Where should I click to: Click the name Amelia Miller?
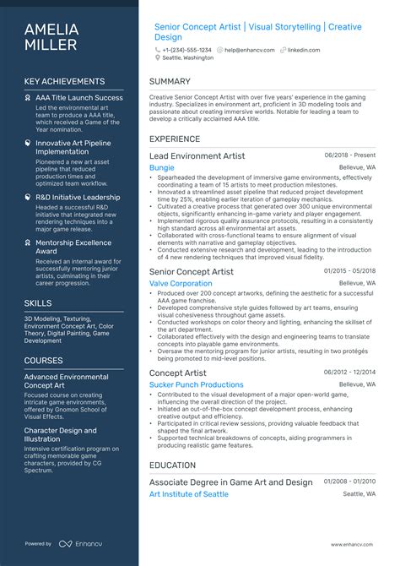pos(51,37)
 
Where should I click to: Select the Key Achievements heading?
pos(64,82)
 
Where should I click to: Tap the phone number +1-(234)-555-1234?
pos(186,50)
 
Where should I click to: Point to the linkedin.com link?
pos(304,50)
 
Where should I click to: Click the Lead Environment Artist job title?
pos(197,156)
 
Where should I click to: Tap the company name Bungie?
pos(162,168)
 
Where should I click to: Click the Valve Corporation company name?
pos(181,284)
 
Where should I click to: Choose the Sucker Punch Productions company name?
pos(197,385)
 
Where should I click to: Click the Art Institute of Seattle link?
pos(188,494)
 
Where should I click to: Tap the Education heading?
pos(173,465)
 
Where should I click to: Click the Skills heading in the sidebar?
pos(38,302)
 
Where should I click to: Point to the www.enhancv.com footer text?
pos(352,545)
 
